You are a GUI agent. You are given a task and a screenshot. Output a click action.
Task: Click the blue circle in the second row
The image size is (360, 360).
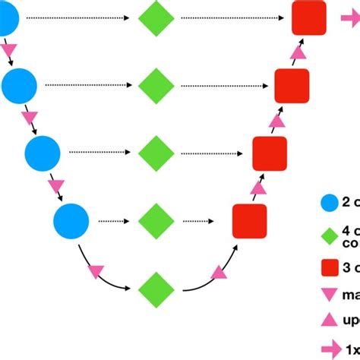click(x=19, y=86)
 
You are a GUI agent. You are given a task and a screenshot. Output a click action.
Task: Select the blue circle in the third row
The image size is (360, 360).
click(x=43, y=153)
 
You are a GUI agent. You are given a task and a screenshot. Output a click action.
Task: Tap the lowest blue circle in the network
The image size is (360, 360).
click(x=71, y=222)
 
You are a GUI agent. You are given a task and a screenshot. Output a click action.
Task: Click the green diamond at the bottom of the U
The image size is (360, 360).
click(x=156, y=289)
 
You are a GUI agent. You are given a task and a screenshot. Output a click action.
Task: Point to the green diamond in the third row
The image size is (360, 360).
click(x=156, y=153)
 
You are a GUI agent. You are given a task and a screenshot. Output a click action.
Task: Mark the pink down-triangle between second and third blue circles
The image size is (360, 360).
click(x=30, y=119)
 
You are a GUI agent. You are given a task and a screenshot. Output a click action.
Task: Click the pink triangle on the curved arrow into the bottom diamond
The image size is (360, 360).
click(x=96, y=270)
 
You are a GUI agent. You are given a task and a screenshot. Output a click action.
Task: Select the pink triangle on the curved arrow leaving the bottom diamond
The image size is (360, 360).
click(x=219, y=271)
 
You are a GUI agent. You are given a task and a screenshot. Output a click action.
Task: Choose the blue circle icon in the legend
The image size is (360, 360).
click(x=329, y=202)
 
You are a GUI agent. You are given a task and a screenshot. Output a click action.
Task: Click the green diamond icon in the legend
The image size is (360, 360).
click(x=329, y=235)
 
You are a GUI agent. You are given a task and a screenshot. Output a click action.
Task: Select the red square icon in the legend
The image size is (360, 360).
click(x=329, y=267)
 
